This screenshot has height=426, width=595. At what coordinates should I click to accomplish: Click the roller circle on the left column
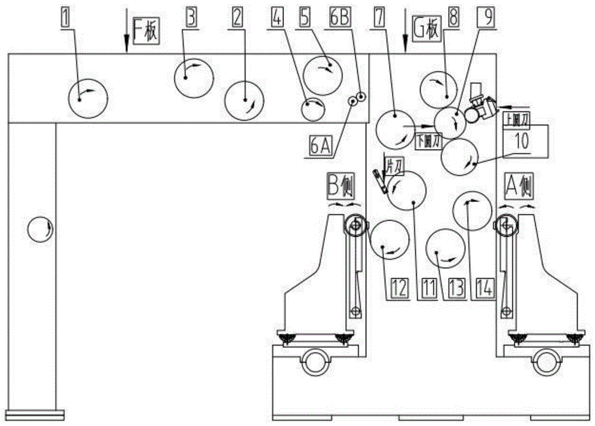click(41, 229)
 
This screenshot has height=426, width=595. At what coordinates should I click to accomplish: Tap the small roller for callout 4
click(313, 109)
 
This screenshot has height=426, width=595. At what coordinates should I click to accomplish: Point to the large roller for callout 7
click(396, 129)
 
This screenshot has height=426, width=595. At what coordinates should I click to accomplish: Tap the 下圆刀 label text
click(428, 141)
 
